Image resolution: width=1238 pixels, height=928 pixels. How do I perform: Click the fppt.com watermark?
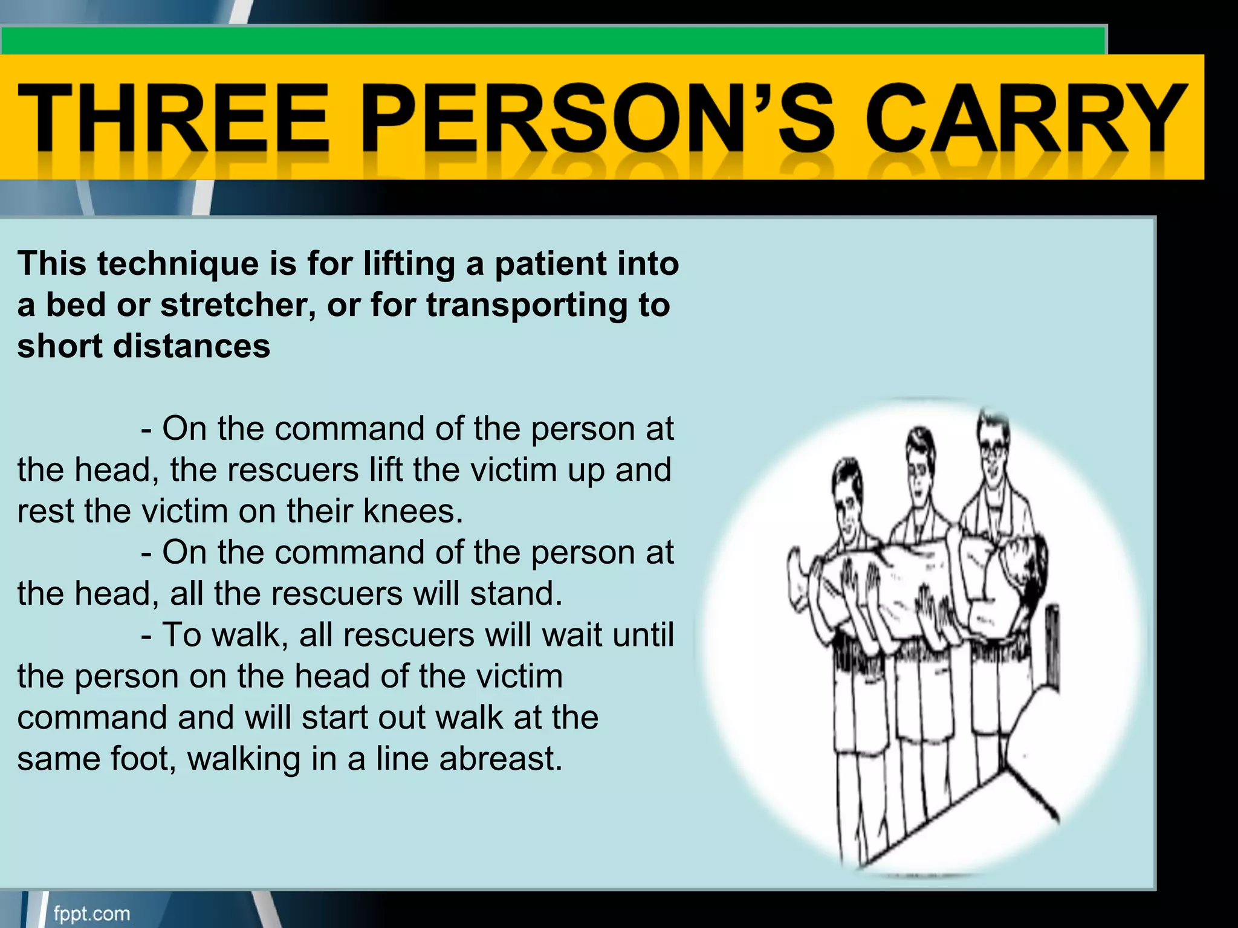click(92, 913)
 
